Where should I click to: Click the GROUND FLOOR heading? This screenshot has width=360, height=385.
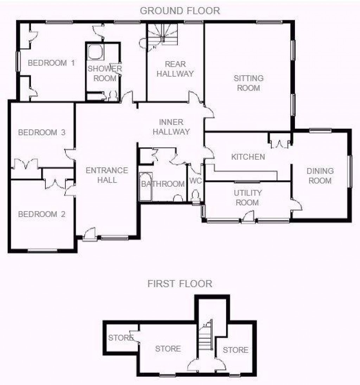(180, 11)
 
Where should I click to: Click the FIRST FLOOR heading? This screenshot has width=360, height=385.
(180, 283)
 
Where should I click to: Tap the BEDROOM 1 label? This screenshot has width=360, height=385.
(51, 63)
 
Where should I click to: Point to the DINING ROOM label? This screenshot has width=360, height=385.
(320, 176)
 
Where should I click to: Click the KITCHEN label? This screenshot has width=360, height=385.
(248, 157)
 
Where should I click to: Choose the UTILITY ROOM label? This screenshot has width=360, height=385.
(248, 198)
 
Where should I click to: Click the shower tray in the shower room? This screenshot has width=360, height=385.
(95, 52)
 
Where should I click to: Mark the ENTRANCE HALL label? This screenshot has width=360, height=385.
(107, 175)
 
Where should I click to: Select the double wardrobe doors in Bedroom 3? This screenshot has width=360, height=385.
(26, 164)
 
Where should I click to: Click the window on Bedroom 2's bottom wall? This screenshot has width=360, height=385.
(43, 250)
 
